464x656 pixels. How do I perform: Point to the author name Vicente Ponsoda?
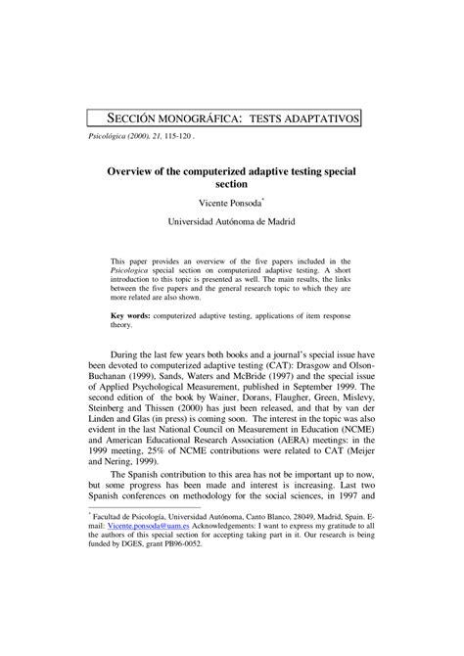coord(231,203)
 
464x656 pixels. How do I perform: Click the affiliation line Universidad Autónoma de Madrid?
coord(231,223)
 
